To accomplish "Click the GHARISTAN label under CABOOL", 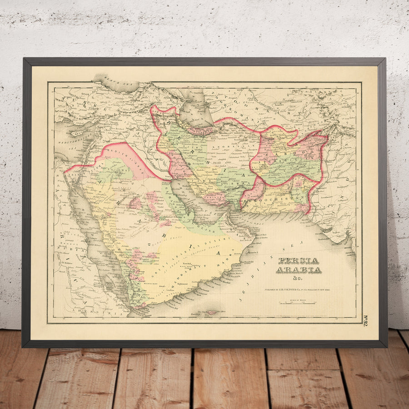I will click(285, 160).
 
